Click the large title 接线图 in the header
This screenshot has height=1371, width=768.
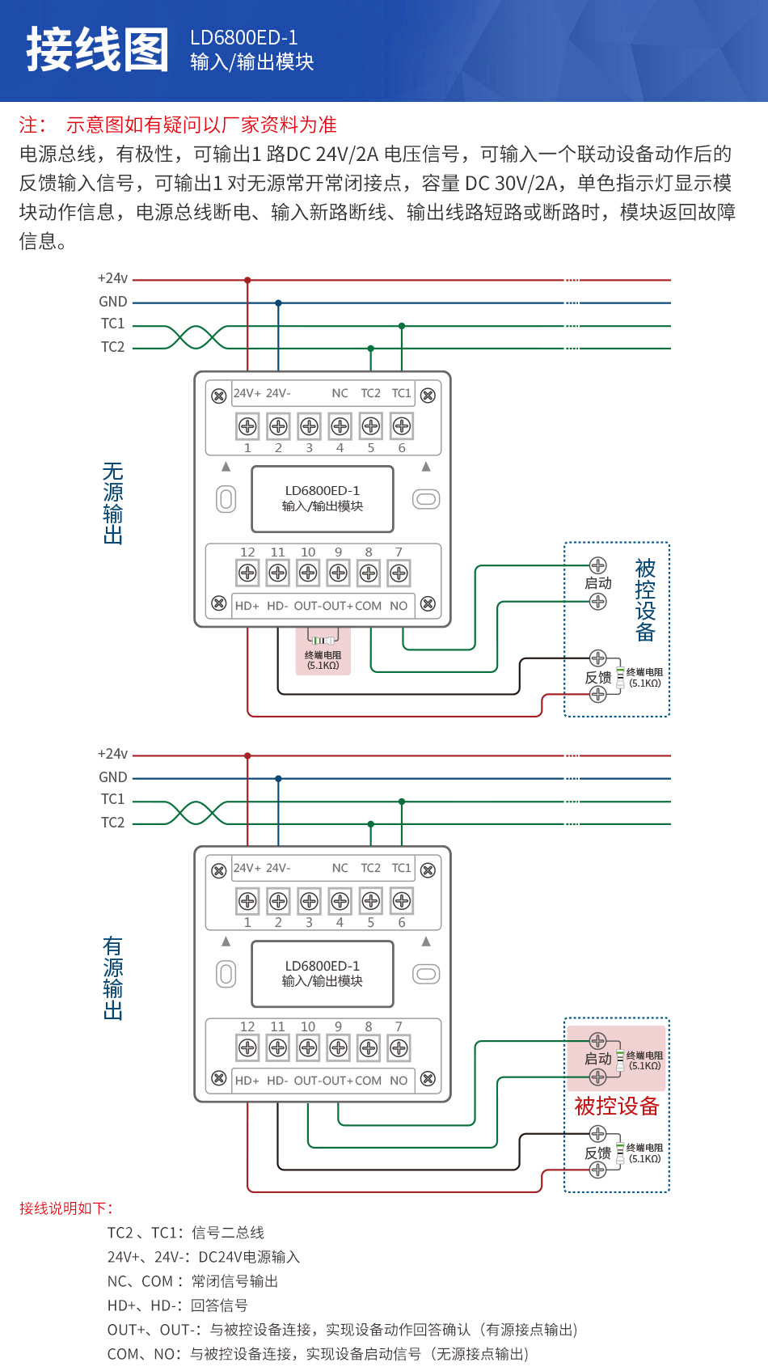coord(97,49)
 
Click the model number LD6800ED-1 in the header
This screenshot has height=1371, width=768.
coord(243,37)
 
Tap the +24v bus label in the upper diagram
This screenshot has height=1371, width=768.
coord(112,278)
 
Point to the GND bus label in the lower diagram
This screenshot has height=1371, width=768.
coord(112,777)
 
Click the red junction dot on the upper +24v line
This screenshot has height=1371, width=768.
coord(247,280)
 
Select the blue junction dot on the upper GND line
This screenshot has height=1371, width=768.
coord(278,303)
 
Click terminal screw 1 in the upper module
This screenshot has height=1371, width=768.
coord(247,425)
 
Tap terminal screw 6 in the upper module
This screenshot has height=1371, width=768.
coord(401,425)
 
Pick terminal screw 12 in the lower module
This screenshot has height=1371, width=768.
coord(247,1048)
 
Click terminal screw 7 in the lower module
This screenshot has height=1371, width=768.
coord(399,1048)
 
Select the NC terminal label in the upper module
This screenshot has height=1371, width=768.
coord(340,393)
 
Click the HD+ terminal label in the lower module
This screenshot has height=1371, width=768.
coord(247,1081)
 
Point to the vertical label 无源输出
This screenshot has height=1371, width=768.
coord(113,503)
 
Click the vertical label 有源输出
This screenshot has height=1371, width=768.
coord(113,978)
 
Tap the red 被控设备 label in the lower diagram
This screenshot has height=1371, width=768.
coord(617,1106)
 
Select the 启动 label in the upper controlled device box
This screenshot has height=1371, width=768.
coord(598,583)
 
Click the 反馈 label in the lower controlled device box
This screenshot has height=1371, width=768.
coord(598,1153)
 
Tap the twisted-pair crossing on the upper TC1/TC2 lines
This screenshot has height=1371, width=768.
coord(196,337)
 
